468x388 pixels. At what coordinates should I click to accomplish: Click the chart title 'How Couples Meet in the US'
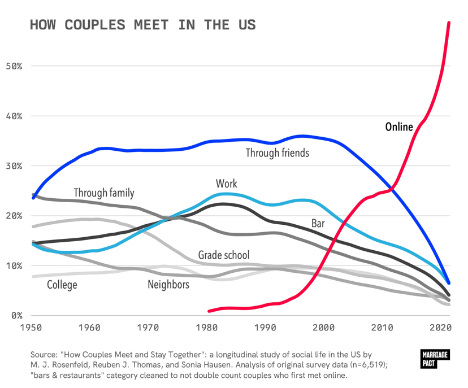tap(142, 25)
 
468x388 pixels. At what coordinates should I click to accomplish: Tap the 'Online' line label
tap(399, 127)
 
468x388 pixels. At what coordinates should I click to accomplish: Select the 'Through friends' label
tap(277, 152)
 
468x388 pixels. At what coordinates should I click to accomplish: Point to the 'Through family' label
tap(104, 193)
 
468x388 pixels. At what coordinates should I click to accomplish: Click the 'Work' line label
tap(226, 184)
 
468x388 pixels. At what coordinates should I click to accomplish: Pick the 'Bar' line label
tap(318, 223)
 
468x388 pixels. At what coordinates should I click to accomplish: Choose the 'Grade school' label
tap(224, 255)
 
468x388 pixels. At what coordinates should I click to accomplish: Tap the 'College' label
tap(62, 285)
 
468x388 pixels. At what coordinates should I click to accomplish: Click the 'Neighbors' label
tap(168, 285)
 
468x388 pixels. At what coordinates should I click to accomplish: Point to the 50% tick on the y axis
tap(14, 66)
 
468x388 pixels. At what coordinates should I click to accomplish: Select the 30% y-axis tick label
tap(14, 166)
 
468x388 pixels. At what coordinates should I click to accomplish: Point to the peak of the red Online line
tap(449, 23)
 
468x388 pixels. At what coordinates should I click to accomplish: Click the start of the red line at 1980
tap(209, 311)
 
